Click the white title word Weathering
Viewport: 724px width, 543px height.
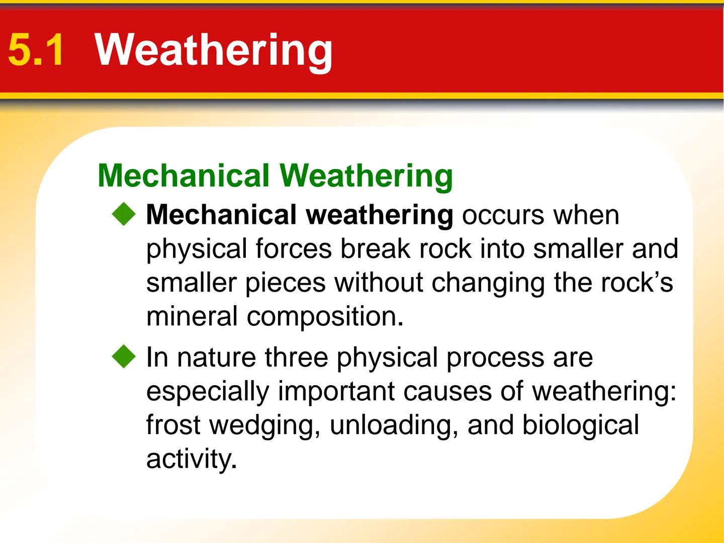tap(214, 50)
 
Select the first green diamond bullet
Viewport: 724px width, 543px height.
tap(124, 215)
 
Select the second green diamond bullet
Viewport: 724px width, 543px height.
tap(124, 357)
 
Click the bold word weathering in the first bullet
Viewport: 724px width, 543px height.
tap(380, 215)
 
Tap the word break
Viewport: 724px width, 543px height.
tap(375, 249)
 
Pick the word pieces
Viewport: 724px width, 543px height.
tap(285, 283)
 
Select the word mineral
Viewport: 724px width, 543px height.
tap(192, 317)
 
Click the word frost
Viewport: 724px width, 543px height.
tap(173, 425)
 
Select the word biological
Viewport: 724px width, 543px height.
tap(580, 426)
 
